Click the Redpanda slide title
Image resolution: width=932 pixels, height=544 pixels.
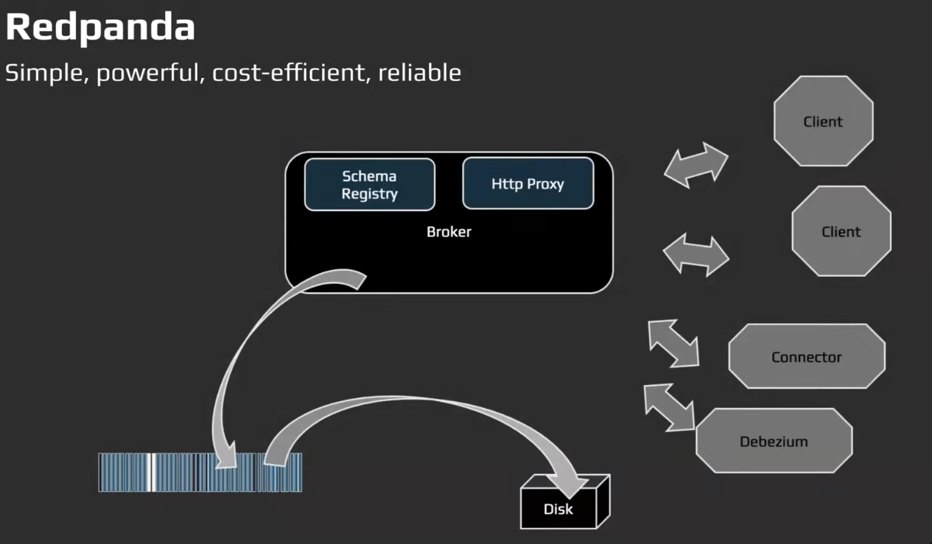pos(100,28)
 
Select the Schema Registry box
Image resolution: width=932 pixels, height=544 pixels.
pos(369,185)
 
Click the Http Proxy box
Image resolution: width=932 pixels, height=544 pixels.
pos(528,183)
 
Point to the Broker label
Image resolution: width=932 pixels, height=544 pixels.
pos(449,232)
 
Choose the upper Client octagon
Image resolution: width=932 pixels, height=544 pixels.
pos(823,121)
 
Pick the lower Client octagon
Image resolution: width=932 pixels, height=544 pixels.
pos(841,231)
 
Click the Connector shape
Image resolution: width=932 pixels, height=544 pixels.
pos(806,356)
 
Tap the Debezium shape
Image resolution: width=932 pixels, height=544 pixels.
pos(774,441)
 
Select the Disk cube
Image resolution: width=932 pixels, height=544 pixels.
pos(558,508)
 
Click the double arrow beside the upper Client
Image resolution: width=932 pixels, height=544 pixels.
pos(696,165)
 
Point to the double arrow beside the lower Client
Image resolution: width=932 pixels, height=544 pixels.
pos(696,255)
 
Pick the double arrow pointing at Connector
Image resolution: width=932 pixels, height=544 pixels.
pos(673,342)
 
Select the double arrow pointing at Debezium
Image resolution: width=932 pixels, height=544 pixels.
pos(669,406)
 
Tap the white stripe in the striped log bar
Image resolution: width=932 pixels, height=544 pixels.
pos(150,472)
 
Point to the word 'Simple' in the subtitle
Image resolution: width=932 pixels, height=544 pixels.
pos(47,73)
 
